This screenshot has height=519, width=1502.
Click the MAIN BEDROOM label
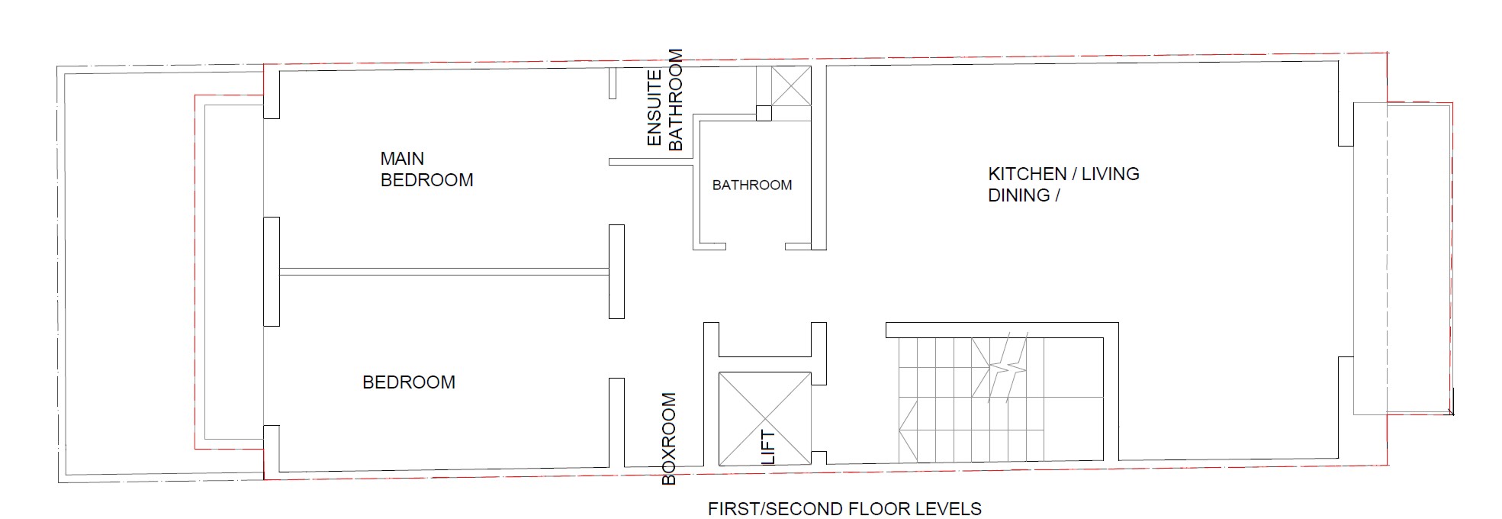(426, 169)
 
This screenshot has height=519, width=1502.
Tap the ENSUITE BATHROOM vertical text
(664, 99)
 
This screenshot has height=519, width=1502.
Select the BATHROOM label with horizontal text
(752, 185)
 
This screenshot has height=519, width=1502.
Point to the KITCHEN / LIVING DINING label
(1063, 185)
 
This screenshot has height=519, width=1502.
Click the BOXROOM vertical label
(669, 439)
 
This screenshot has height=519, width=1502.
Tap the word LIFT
(768, 447)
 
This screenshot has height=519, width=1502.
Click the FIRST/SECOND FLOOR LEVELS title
(844, 509)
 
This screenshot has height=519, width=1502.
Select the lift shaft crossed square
(765, 418)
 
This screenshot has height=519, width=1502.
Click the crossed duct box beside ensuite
(791, 85)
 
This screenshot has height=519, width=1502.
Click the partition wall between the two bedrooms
(444, 271)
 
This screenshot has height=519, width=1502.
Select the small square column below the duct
(764, 113)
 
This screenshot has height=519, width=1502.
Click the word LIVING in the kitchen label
(1110, 174)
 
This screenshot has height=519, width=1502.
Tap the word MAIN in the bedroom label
(402, 159)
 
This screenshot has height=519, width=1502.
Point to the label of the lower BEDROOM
(409, 382)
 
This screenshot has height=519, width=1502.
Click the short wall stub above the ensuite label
(612, 83)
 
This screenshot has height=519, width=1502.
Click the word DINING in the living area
(1019, 195)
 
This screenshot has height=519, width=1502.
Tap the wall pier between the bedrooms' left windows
(272, 272)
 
